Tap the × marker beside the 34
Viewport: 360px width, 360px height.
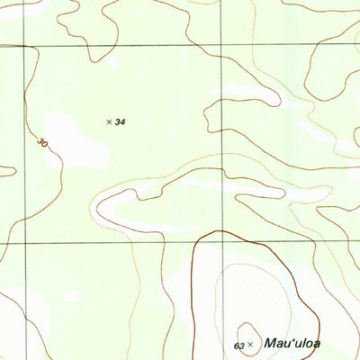click(109, 121)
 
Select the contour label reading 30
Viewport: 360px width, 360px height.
click(42, 143)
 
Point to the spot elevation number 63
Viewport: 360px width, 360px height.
click(238, 346)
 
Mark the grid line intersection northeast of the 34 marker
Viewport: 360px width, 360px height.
click(221, 45)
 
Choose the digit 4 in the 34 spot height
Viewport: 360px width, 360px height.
click(122, 121)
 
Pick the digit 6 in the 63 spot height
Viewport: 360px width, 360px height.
click(236, 346)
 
